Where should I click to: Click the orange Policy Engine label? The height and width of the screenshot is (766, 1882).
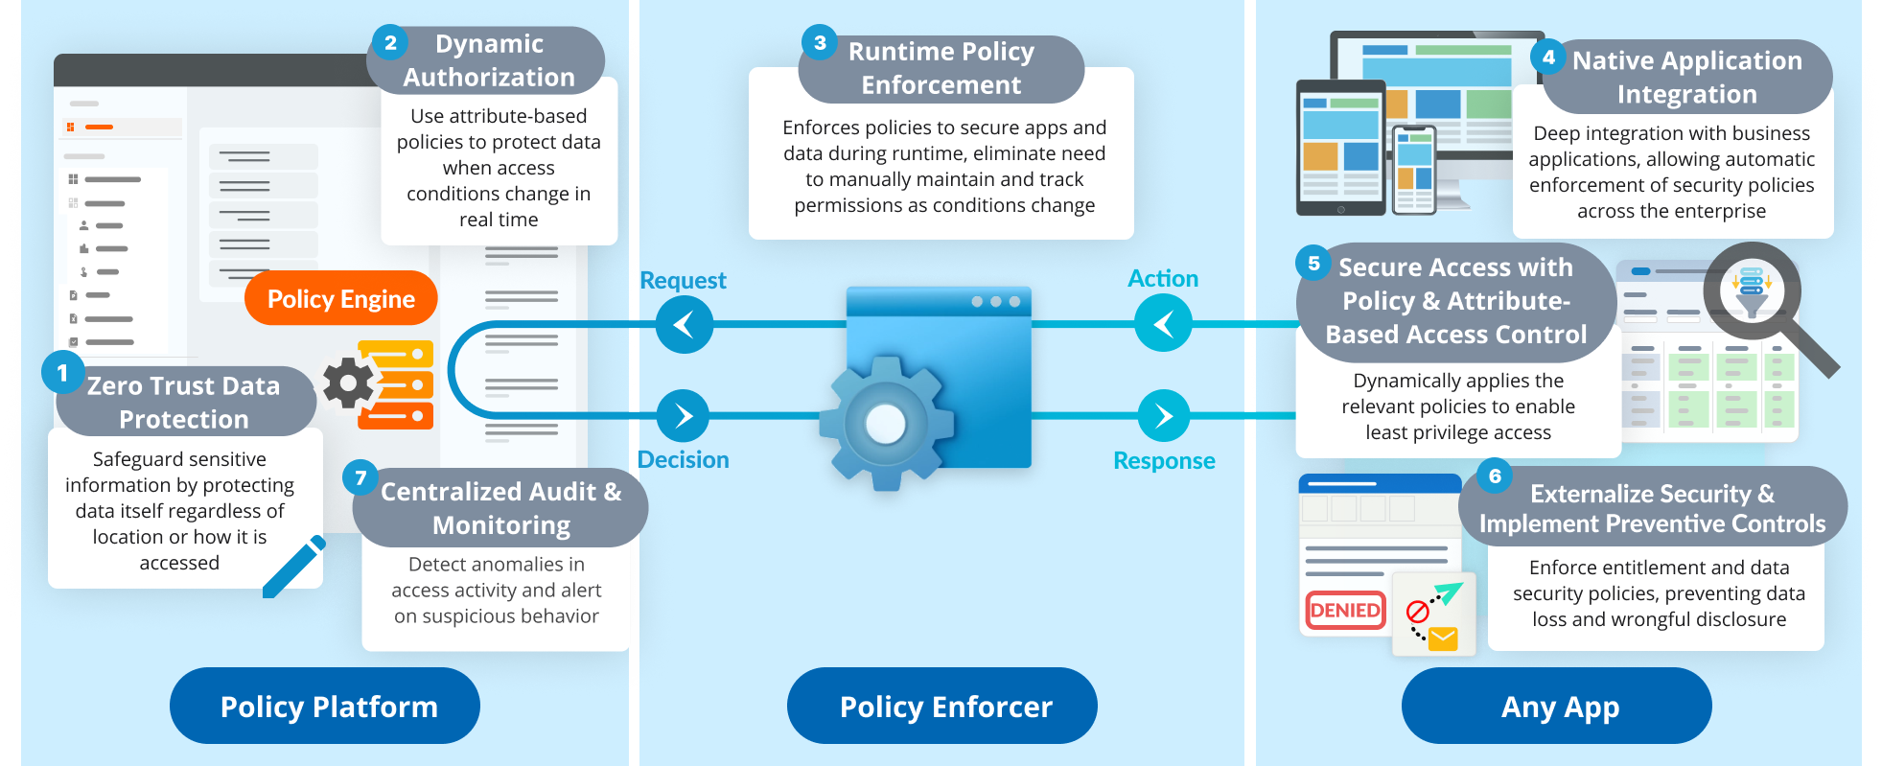[340, 299]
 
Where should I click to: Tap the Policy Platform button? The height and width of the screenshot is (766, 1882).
[325, 707]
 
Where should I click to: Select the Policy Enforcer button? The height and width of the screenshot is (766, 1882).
[942, 707]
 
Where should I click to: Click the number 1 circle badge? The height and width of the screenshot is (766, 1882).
[62, 372]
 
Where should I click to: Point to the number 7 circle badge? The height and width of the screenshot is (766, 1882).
[360, 476]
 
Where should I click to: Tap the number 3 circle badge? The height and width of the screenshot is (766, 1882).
[820, 42]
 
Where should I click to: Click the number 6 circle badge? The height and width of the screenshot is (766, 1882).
[1495, 476]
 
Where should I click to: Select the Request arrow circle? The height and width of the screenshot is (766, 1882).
[685, 324]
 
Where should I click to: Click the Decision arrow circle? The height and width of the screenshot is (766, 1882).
[683, 415]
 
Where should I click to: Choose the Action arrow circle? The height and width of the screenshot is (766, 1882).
[1163, 323]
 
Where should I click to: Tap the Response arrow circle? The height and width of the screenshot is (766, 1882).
[1163, 415]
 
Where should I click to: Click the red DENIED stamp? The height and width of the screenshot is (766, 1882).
[1345, 610]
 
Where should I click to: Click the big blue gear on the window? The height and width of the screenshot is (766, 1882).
[886, 423]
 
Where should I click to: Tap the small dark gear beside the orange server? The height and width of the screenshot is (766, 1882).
[348, 383]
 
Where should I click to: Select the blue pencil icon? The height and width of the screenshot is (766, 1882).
[294, 568]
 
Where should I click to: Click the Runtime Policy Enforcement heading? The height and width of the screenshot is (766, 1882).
[941, 68]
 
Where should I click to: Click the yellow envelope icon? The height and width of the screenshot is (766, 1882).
[1443, 638]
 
